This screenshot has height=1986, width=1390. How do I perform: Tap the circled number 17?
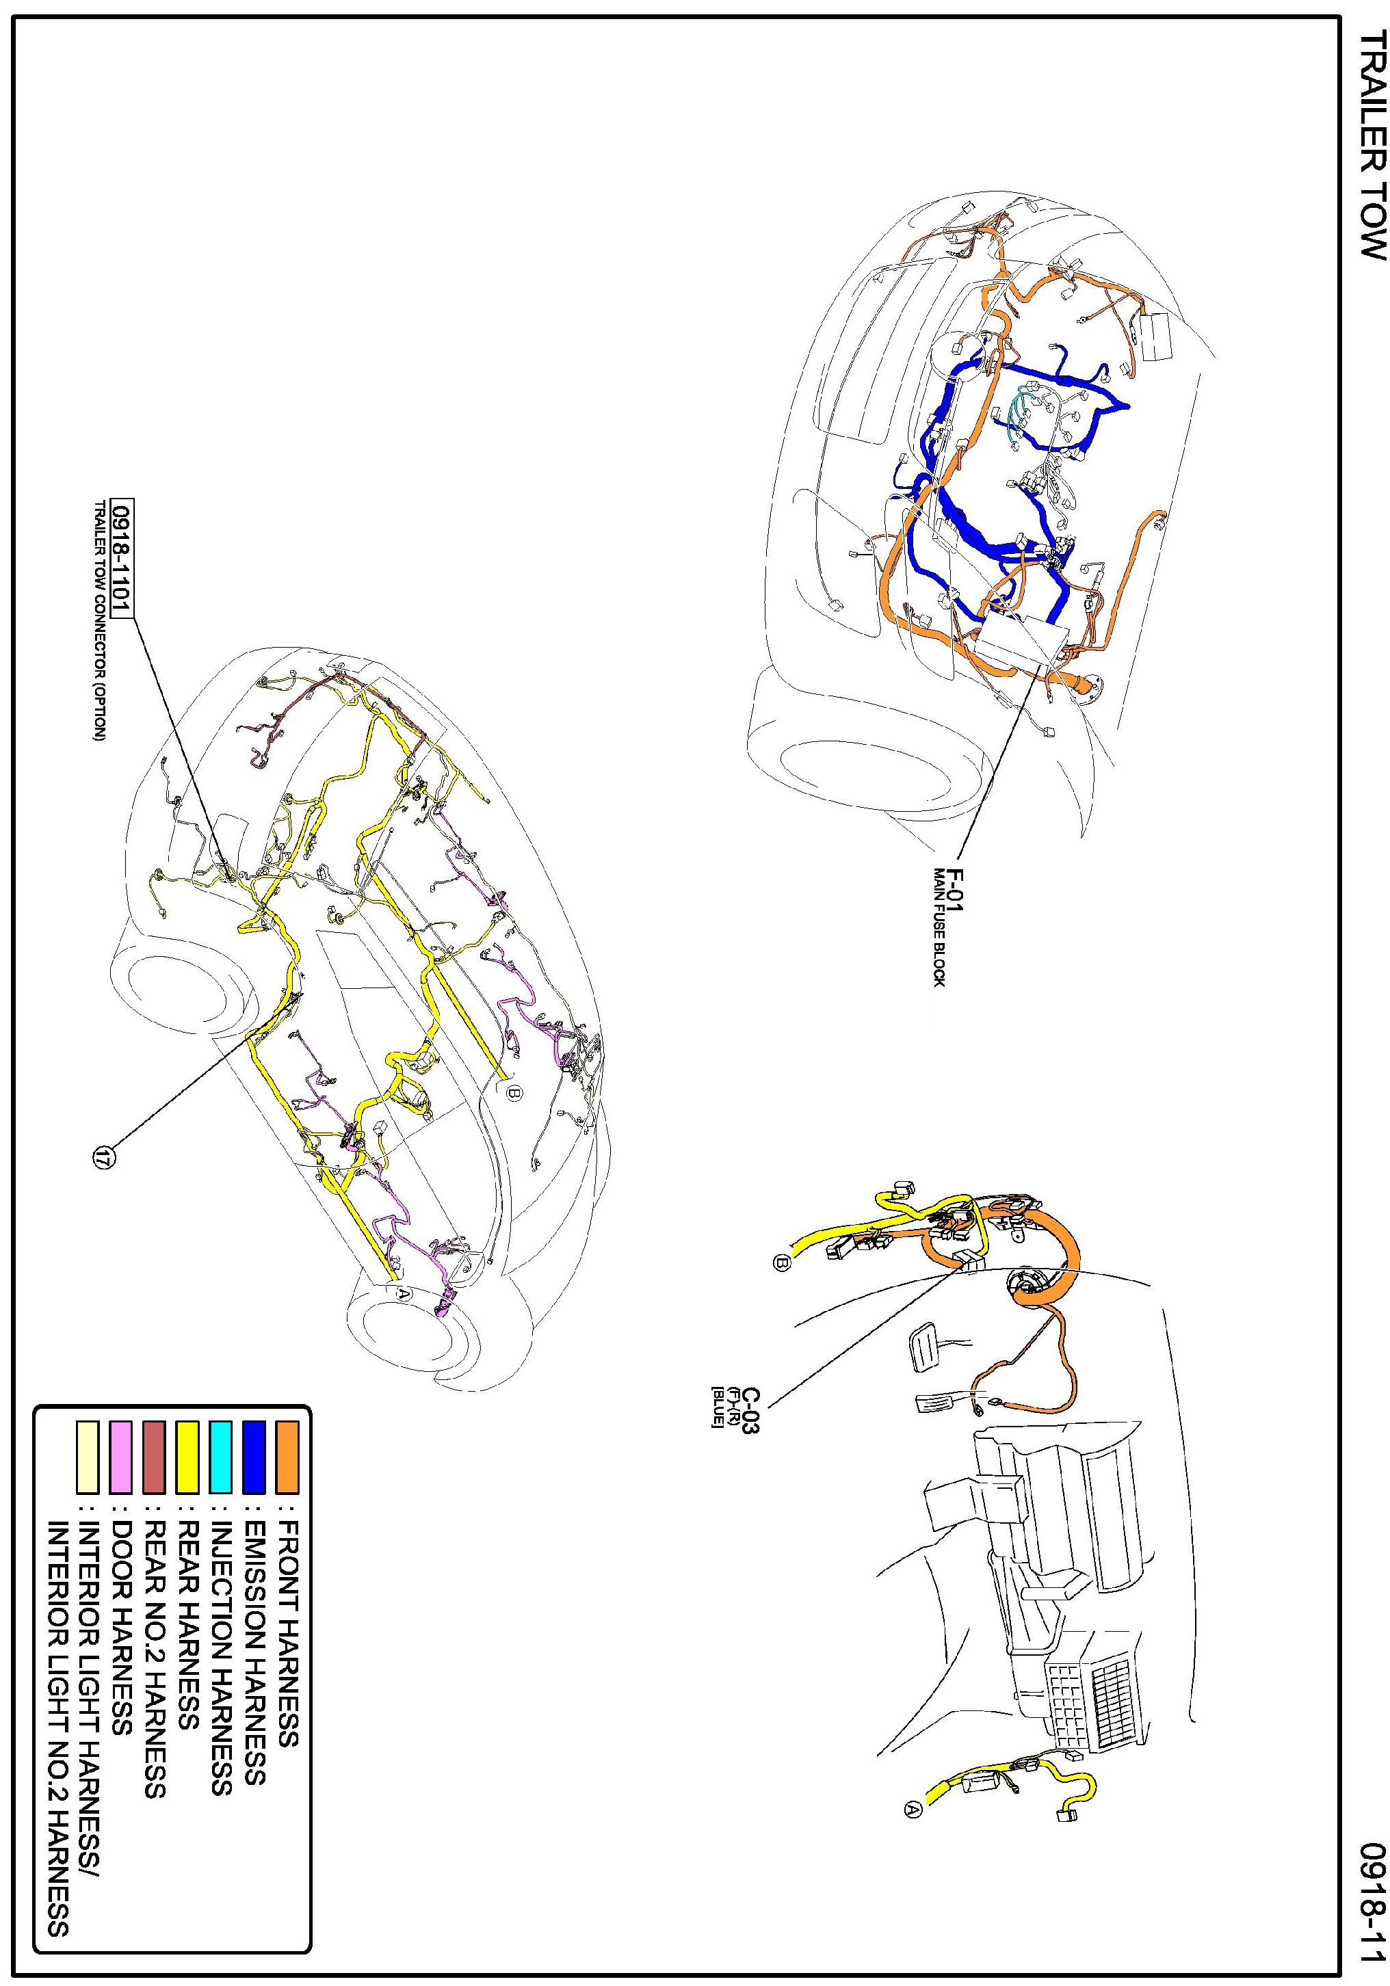click(x=104, y=1156)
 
